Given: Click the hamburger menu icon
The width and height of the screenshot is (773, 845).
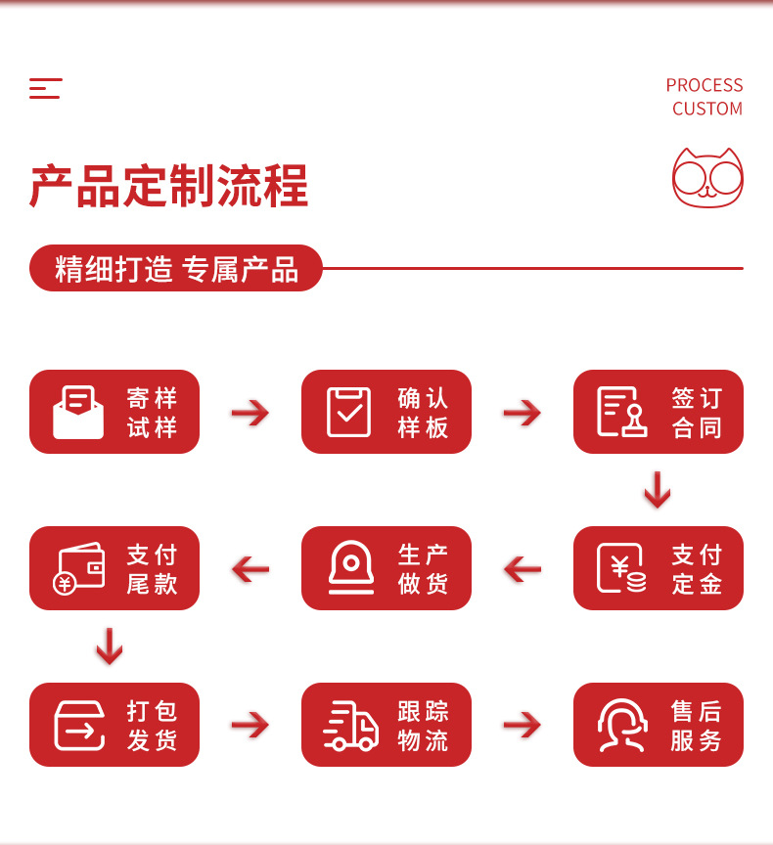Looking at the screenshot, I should coord(45,88).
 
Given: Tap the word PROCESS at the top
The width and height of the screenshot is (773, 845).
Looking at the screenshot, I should coord(704,85).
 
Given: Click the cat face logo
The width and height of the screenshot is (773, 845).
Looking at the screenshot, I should coord(707,178).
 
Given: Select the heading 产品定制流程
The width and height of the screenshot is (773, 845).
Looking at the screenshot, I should coord(168,186).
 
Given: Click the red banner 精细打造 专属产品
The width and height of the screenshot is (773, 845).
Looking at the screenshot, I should coord(176,268).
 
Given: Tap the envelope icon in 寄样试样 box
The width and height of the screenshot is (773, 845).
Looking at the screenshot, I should coord(78,412).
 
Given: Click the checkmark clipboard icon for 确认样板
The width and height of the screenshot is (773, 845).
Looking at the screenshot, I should coord(349,412).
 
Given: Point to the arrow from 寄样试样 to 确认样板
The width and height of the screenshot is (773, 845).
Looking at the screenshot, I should coord(250,413).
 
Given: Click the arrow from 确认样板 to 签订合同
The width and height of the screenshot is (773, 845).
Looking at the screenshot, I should coord(522,413).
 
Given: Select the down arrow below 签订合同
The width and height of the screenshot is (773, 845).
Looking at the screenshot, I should coord(658,490).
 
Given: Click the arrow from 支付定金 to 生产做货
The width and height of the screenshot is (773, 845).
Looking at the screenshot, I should coord(522,569).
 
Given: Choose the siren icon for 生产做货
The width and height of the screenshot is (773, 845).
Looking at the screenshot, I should coord(349,567).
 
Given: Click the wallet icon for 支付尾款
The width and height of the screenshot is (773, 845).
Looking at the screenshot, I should coord(78,568).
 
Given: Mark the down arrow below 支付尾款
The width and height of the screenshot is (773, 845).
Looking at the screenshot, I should coord(110,646).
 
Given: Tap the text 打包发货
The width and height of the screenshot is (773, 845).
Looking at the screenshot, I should coord(152,725).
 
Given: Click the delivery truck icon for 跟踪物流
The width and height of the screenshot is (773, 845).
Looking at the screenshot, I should coord(350,726).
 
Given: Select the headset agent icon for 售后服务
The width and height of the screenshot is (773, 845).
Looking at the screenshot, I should coord(622,725).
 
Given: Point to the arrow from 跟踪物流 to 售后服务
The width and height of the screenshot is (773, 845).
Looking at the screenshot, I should coord(522,726).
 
